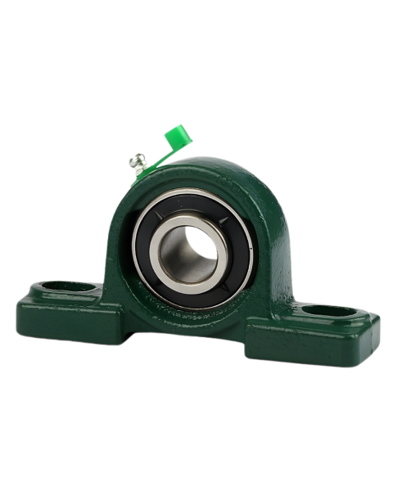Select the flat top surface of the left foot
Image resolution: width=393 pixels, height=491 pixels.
(90, 295)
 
